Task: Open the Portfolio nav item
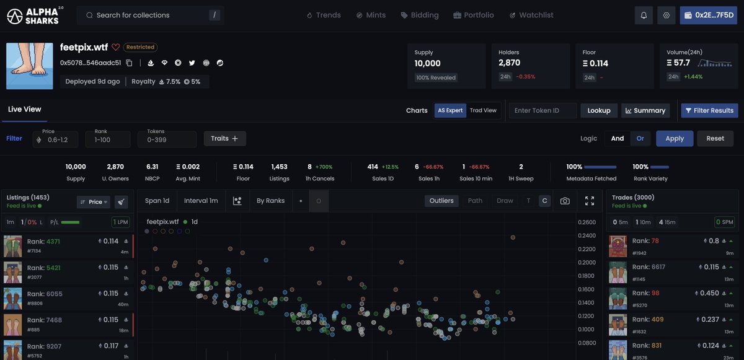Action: [474, 15]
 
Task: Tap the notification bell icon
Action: [644, 15]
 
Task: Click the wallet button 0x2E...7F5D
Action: [707, 15]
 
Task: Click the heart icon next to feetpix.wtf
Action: [115, 47]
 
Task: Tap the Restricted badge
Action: [140, 47]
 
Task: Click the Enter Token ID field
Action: [542, 110]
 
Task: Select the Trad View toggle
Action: [483, 110]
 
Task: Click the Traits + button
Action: [224, 138]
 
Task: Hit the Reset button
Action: [715, 138]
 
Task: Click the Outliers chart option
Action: [441, 201]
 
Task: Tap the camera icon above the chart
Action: [564, 201]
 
